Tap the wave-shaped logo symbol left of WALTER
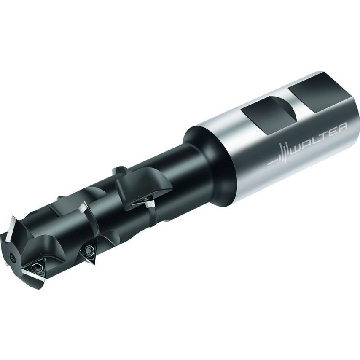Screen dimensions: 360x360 coord(282,155)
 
